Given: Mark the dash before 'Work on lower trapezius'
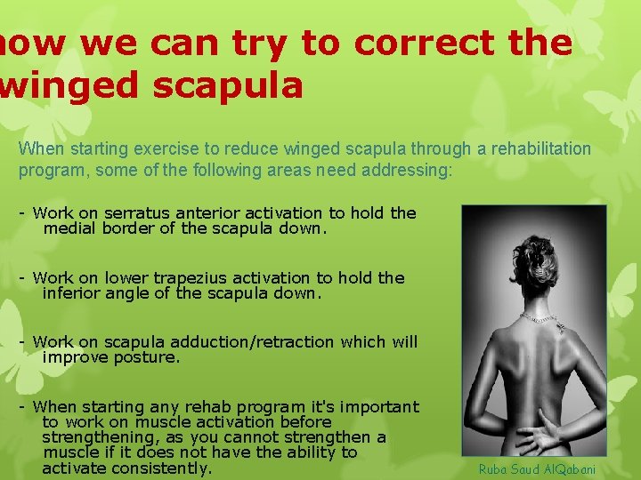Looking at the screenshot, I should tap(22, 277).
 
